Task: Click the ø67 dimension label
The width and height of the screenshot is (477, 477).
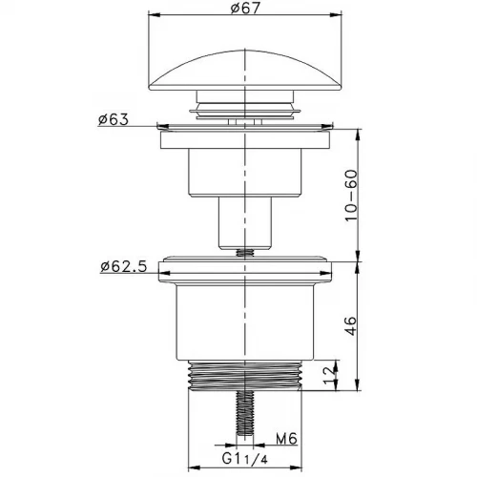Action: pyautogui.click(x=245, y=8)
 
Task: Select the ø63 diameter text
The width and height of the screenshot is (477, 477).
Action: pyautogui.click(x=114, y=119)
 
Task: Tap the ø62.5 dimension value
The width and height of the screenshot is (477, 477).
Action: pyautogui.click(x=124, y=266)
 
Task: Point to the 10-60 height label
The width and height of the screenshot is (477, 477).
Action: pyautogui.click(x=351, y=196)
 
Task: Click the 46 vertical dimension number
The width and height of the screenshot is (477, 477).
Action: pyautogui.click(x=351, y=325)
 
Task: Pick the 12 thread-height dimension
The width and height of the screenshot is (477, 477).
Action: pyautogui.click(x=329, y=375)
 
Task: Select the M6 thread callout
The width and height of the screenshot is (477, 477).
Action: pyautogui.click(x=286, y=439)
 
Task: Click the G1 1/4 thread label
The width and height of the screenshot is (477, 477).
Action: pyautogui.click(x=245, y=459)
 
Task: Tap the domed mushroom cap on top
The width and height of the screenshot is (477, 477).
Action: pyautogui.click(x=245, y=71)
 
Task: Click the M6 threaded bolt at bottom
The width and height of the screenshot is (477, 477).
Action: pyautogui.click(x=245, y=413)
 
